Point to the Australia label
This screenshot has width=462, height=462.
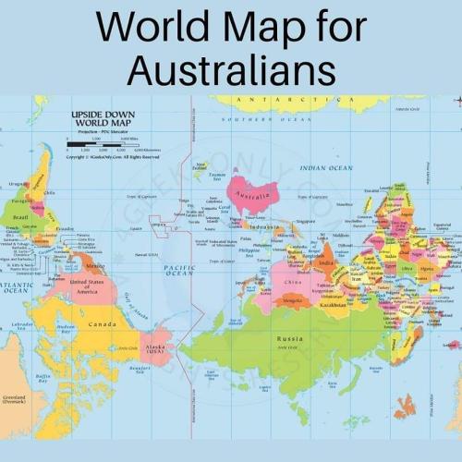tap(250, 196)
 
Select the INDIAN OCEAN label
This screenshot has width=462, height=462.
tap(325, 168)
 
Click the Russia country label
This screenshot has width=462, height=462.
tap(289, 339)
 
